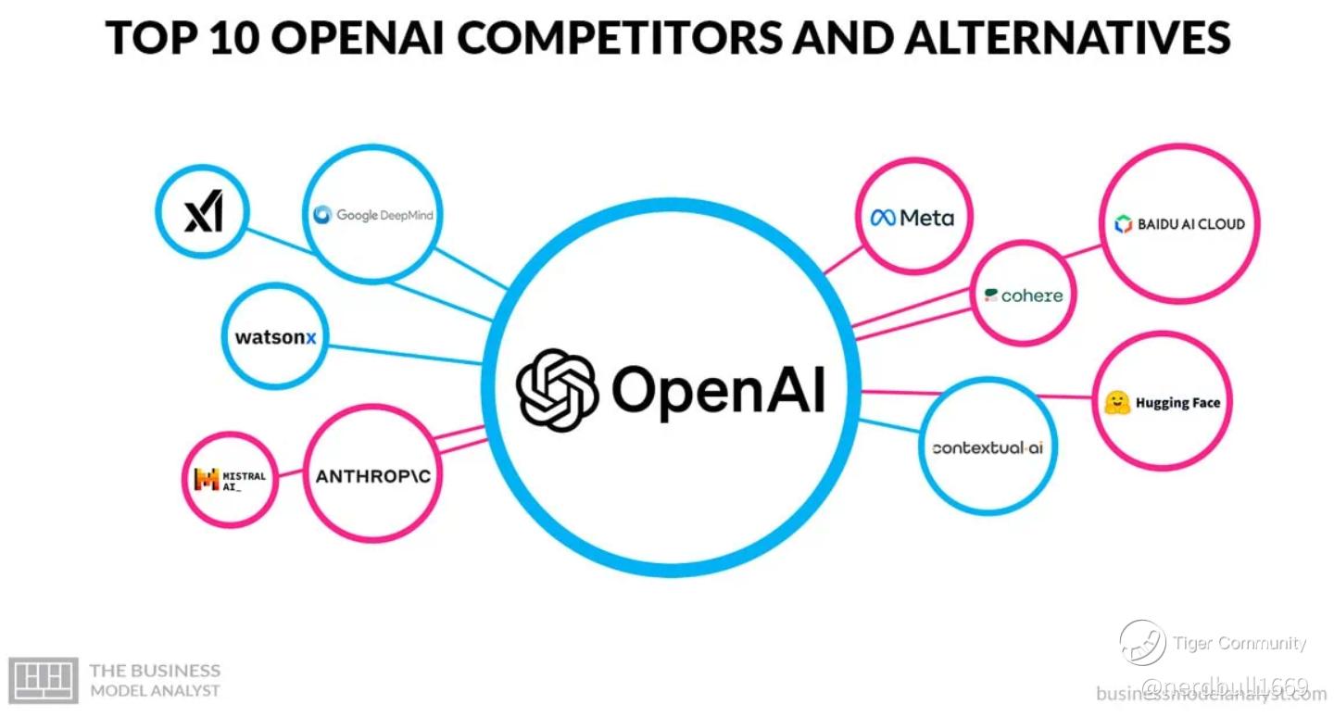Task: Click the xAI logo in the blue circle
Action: pos(203,212)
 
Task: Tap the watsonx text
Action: pos(275,337)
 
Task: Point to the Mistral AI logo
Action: pos(206,479)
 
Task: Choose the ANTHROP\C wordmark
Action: pos(373,476)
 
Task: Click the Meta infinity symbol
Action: pos(883,218)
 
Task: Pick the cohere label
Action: pos(1024,296)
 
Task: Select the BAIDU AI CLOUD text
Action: pos(1190,223)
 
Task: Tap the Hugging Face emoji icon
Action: pos(1117,402)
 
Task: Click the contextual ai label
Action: pos(988,447)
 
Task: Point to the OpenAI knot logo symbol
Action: pos(557,389)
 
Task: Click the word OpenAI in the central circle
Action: pos(718,389)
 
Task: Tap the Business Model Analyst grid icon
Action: pos(43,680)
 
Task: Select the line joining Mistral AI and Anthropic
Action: pos(293,476)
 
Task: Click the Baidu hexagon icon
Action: pos(1123,223)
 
